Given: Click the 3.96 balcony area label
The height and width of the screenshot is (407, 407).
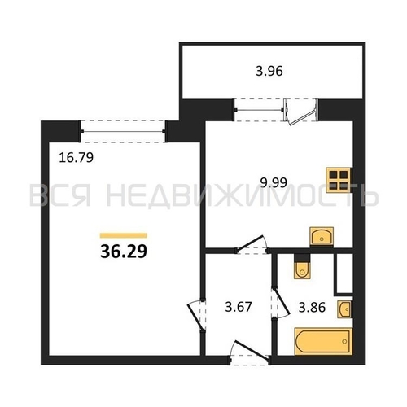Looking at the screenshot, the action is tap(269, 71).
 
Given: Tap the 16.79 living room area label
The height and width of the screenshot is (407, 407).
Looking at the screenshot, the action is tap(77, 158).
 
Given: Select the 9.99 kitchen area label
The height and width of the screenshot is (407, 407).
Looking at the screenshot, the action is tap(274, 182).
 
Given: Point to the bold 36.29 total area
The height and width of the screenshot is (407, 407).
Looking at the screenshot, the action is tap(124, 252).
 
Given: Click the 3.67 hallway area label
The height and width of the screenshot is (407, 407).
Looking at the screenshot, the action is tap(239, 308).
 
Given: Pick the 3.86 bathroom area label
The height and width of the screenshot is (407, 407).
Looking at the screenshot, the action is tap(312, 308).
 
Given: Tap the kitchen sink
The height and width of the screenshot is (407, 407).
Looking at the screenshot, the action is tap(322, 237).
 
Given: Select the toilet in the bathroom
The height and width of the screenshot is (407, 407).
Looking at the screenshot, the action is tap(302, 266).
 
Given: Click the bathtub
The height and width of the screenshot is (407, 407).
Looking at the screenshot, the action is tap(323, 341).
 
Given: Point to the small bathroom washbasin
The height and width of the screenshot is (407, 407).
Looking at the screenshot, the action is tap(344, 309).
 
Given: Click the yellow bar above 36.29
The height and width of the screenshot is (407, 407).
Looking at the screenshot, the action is tap(124, 235).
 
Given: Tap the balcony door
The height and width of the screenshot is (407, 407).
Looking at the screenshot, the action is tap(300, 112).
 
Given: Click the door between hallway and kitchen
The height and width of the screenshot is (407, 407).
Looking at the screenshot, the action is tap(252, 244).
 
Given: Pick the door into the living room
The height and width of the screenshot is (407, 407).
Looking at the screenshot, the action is tap(196, 315).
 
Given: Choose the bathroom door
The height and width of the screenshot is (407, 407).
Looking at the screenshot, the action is tap(280, 303).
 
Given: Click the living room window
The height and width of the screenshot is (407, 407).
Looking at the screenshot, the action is tap(123, 132).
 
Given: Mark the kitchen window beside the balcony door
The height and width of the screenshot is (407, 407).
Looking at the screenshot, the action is tap(259, 110).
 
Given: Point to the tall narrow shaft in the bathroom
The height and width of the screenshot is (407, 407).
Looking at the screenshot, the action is tap(344, 274).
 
